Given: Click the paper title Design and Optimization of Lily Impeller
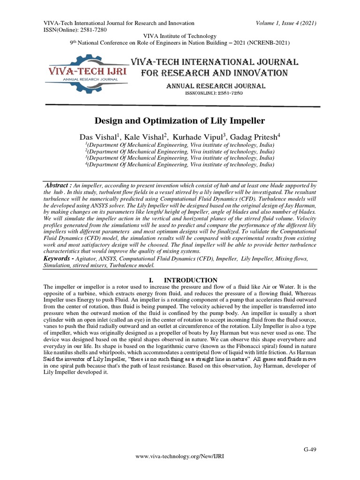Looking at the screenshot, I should tap(180, 120).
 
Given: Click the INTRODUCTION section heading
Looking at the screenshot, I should tap(194, 280).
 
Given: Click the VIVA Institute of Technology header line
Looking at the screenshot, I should tap(180, 36).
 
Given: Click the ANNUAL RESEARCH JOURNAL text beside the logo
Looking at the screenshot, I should tap(216, 86).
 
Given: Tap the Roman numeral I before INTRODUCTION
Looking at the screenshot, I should tap(150, 280).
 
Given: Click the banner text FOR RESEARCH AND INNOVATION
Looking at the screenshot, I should tap(214, 73).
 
